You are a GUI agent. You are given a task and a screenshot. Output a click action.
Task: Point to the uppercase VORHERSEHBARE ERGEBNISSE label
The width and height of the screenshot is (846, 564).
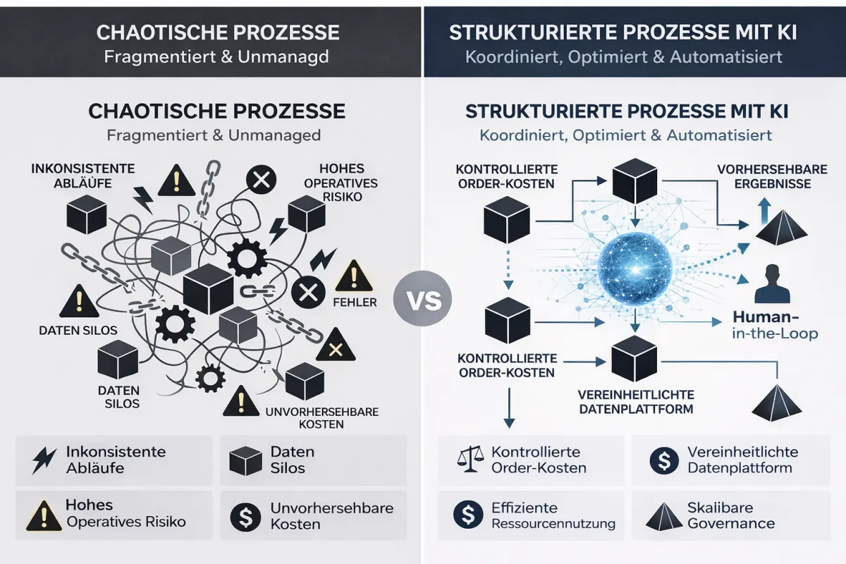764,177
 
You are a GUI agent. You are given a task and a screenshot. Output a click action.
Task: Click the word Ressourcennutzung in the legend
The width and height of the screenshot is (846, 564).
553,523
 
